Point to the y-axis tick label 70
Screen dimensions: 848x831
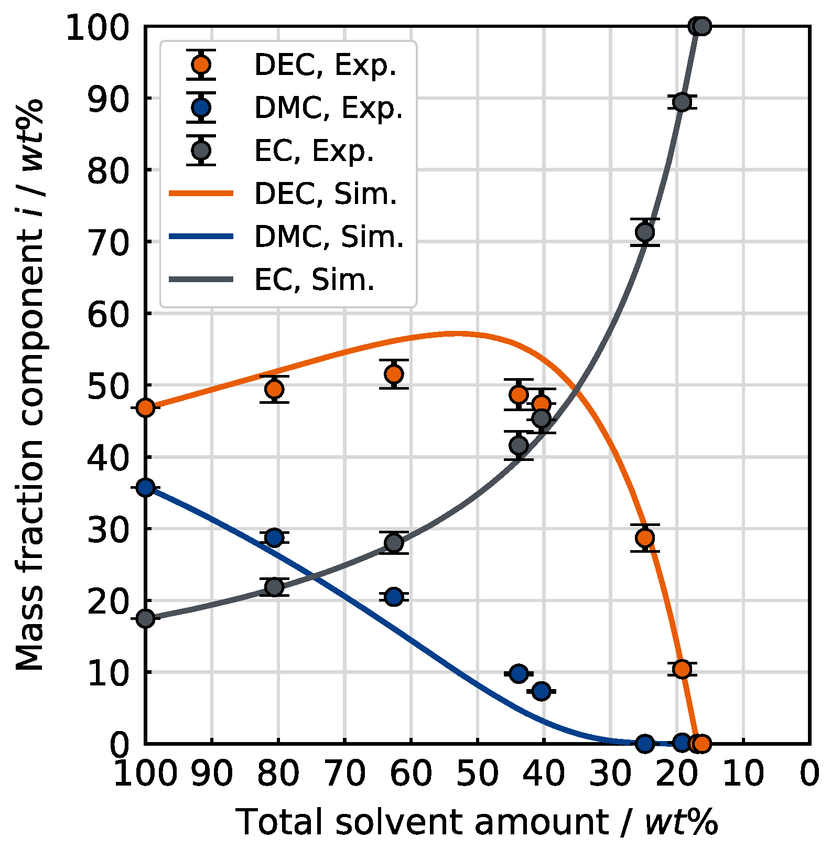point(107,242)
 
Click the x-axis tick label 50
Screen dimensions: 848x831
point(477,774)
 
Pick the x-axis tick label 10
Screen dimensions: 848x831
point(743,774)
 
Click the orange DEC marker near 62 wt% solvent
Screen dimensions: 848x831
point(394,374)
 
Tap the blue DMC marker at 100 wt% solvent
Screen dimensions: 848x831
point(146,488)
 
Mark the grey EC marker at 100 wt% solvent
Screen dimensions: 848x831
point(146,619)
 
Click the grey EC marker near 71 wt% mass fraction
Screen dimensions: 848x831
point(645,232)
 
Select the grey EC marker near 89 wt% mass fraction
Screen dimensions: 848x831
point(682,102)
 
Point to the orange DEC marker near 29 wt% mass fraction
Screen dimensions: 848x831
point(645,538)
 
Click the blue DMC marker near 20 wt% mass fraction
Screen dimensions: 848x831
point(394,596)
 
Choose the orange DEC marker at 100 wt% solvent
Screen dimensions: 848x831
point(146,407)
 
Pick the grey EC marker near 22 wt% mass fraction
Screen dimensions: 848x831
point(274,586)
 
